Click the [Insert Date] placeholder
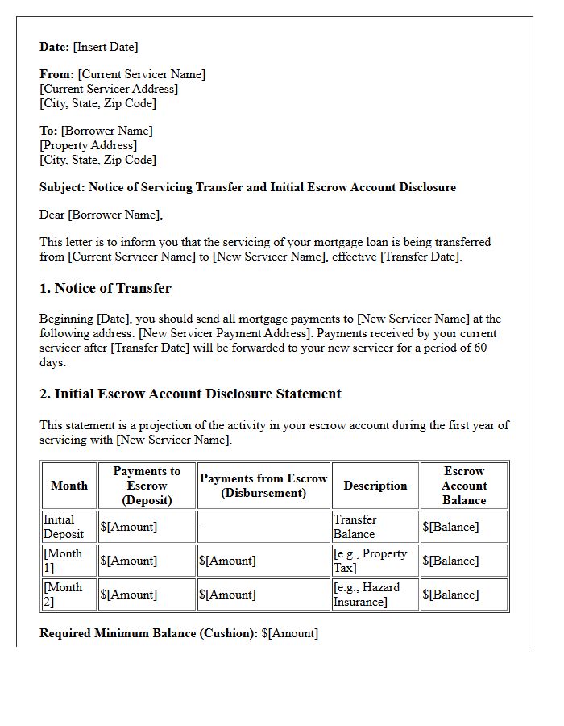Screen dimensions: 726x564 tap(106, 47)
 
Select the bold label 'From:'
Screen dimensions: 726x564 tap(56, 74)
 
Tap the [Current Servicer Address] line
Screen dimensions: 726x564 tap(109, 89)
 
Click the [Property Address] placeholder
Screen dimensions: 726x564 tap(89, 145)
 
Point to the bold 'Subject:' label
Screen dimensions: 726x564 tap(63, 187)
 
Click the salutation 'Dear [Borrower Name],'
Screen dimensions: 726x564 tap(101, 215)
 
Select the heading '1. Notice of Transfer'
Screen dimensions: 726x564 tap(105, 288)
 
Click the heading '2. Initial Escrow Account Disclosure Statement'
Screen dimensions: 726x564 tap(190, 394)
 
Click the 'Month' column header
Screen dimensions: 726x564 tap(69, 486)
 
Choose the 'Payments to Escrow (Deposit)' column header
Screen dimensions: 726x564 tap(147, 486)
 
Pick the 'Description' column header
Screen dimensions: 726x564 tap(375, 486)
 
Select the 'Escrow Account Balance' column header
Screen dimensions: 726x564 tap(464, 486)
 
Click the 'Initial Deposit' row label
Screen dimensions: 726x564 tap(64, 527)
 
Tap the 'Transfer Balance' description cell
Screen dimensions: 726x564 tap(355, 527)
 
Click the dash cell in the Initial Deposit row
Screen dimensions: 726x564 tap(201, 527)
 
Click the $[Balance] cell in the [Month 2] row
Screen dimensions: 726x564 tap(450, 595)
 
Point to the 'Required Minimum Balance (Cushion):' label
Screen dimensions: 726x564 tap(148, 633)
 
